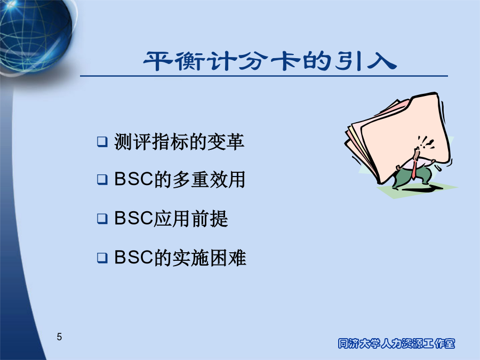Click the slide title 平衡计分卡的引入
pos(270,61)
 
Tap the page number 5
pos(59,337)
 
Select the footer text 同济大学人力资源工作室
pos(396,343)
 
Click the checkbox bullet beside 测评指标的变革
pos(102,142)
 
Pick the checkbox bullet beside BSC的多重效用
pos(102,179)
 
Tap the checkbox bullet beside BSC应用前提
pos(102,219)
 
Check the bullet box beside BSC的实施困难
pos(102,258)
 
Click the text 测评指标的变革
pos(179,142)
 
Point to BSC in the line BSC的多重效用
pos(133,179)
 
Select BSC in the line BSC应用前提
pos(133,218)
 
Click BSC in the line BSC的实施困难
pos(133,257)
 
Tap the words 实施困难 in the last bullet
pos(210,258)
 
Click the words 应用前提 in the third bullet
pos(191,219)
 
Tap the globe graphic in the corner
pos(35,34)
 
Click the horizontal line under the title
pos(264,76)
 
